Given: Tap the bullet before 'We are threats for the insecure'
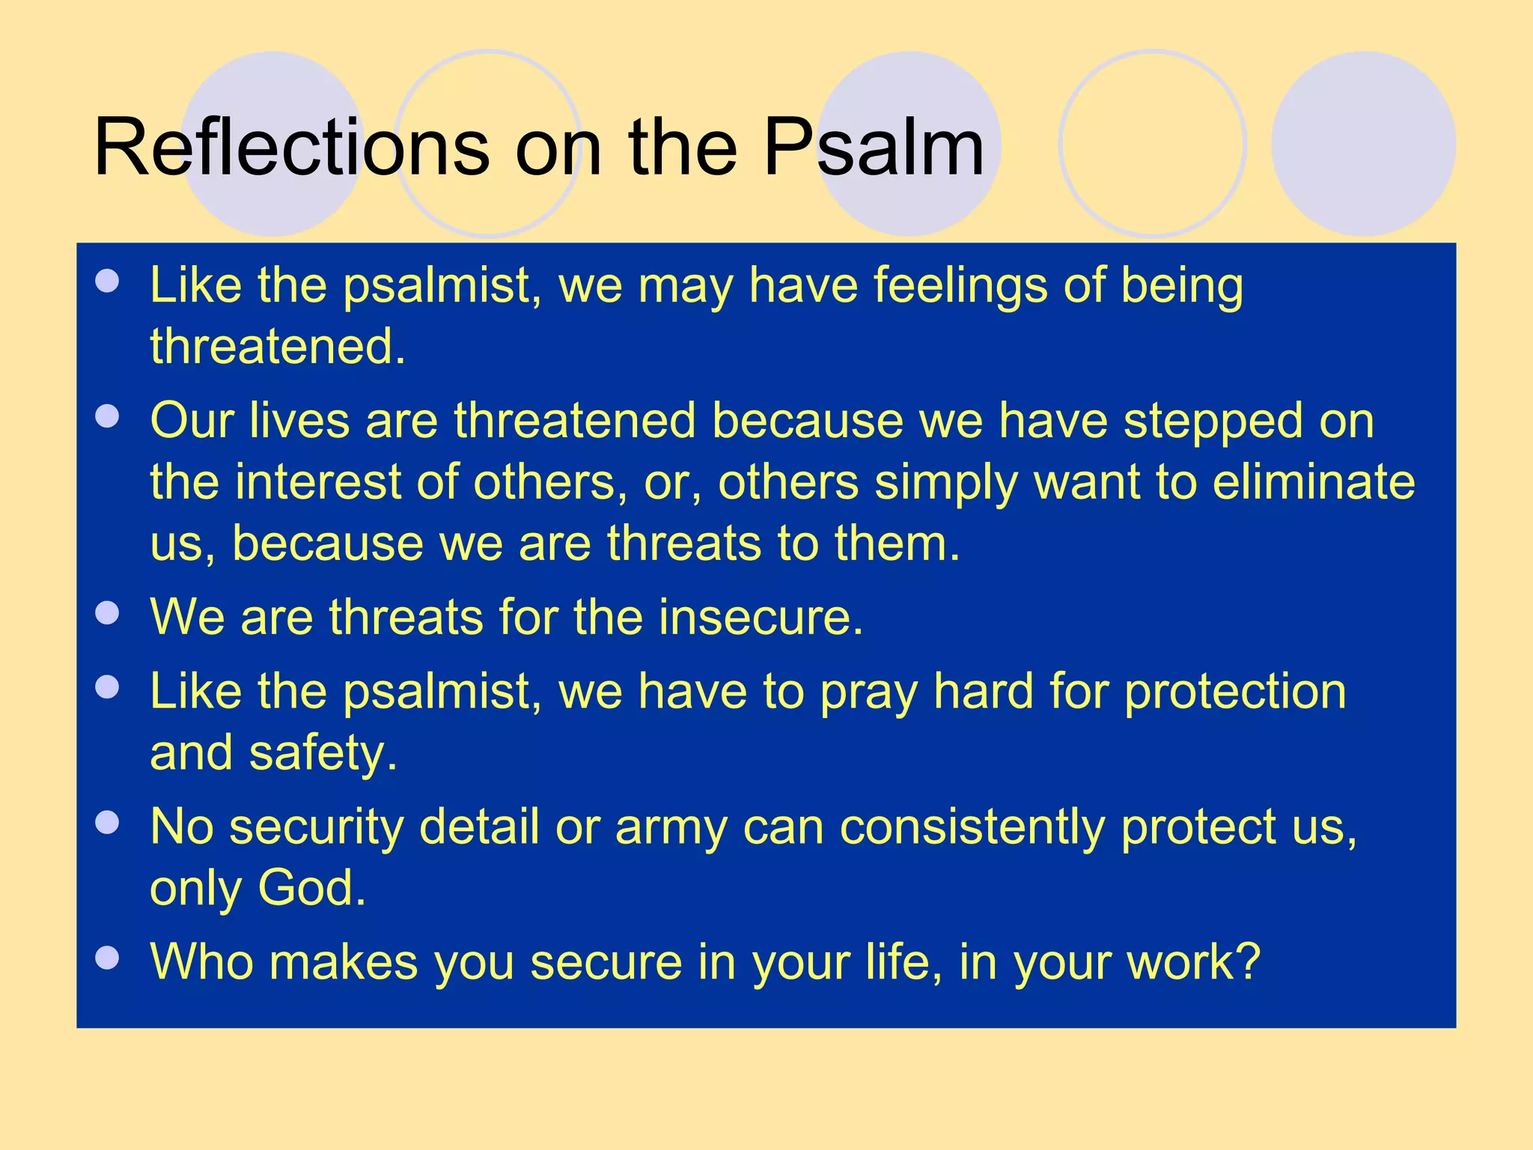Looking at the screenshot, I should (108, 613).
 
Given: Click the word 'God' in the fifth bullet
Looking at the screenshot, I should (311, 888).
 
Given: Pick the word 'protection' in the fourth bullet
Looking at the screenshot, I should (1235, 691).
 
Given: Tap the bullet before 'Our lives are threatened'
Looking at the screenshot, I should (108, 416).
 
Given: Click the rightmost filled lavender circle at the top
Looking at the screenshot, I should (1363, 144).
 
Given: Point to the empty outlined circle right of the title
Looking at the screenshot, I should (1152, 144).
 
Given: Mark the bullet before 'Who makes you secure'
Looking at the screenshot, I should (108, 958).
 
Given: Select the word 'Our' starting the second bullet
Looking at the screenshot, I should (192, 421).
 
